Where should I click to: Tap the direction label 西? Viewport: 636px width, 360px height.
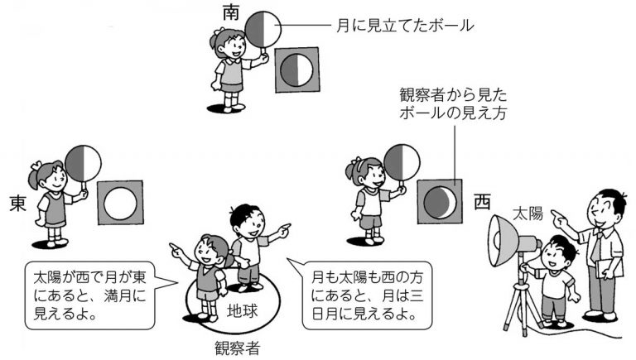pyautogui.click(x=482, y=201)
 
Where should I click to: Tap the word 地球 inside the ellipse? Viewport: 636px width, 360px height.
pyautogui.click(x=247, y=311)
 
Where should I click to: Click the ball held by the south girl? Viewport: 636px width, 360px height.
pyautogui.click(x=265, y=31)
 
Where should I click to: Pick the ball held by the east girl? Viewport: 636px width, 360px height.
pyautogui.click(x=83, y=162)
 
